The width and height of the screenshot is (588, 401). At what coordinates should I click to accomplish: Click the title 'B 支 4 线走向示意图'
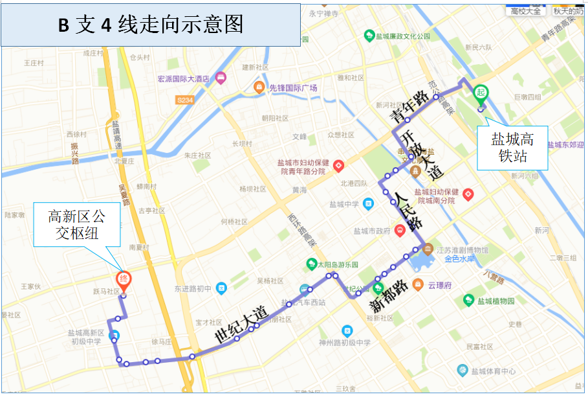click(x=151, y=24)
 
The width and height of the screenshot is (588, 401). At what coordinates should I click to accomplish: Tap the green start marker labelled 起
click(x=481, y=93)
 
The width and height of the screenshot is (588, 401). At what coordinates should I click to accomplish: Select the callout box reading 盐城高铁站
click(x=512, y=148)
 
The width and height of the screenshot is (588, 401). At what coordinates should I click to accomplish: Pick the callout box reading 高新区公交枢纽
click(x=77, y=225)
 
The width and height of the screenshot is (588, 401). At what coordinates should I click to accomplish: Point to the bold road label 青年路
click(x=409, y=103)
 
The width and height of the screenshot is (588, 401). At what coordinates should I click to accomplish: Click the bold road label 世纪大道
click(x=241, y=325)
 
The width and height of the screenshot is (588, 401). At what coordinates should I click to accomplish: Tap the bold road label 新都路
click(x=388, y=295)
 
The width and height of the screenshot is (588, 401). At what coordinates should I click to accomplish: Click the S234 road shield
click(x=185, y=100)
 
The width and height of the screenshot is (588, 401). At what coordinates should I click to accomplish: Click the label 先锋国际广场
click(x=293, y=87)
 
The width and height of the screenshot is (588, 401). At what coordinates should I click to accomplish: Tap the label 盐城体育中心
click(x=494, y=371)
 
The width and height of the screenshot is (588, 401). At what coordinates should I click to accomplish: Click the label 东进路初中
click(x=193, y=288)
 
